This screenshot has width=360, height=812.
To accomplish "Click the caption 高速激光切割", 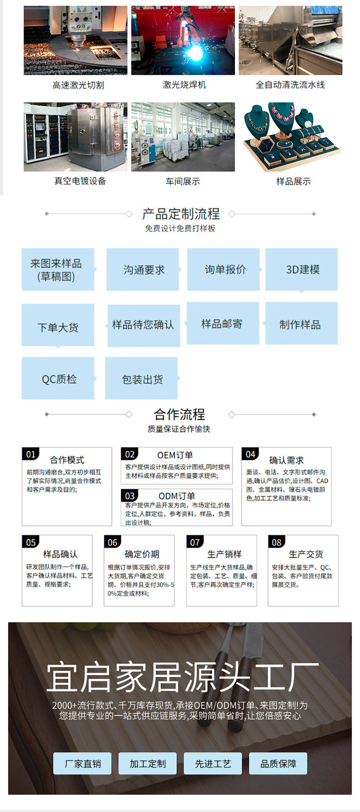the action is pyautogui.click(x=78, y=85).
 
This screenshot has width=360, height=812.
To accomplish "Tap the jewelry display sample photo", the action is pyautogui.click(x=291, y=137).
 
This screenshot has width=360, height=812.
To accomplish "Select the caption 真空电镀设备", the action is pyautogui.click(x=80, y=181).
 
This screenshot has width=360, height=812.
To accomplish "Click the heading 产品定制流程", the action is pyautogui.click(x=181, y=214).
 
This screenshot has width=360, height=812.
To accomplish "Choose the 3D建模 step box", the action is pyautogui.click(x=302, y=270).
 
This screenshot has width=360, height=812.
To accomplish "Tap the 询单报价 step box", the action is pyautogui.click(x=225, y=270).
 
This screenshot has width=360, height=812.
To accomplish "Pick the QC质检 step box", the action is pyautogui.click(x=58, y=379).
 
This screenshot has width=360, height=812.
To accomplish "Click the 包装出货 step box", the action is pyautogui.click(x=142, y=379).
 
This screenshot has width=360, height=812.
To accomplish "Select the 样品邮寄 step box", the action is pyautogui.click(x=222, y=324).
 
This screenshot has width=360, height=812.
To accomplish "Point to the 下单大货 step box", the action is pyautogui.click(x=58, y=327).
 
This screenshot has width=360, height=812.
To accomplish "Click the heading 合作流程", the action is pyautogui.click(x=179, y=414).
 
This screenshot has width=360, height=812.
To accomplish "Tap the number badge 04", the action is pyautogui.click(x=250, y=454).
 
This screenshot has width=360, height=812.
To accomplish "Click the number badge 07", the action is pyautogui.click(x=195, y=542).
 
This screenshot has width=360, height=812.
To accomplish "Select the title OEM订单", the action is pyautogui.click(x=175, y=455).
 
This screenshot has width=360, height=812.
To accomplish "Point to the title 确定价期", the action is pyautogui.click(x=142, y=554).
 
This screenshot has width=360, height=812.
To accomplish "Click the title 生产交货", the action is pyautogui.click(x=306, y=554).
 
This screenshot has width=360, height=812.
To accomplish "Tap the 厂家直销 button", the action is pyautogui.click(x=83, y=764).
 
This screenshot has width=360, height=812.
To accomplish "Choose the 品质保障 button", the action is pyautogui.click(x=278, y=764).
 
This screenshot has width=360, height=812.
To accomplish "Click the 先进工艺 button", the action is pyautogui.click(x=213, y=764).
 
